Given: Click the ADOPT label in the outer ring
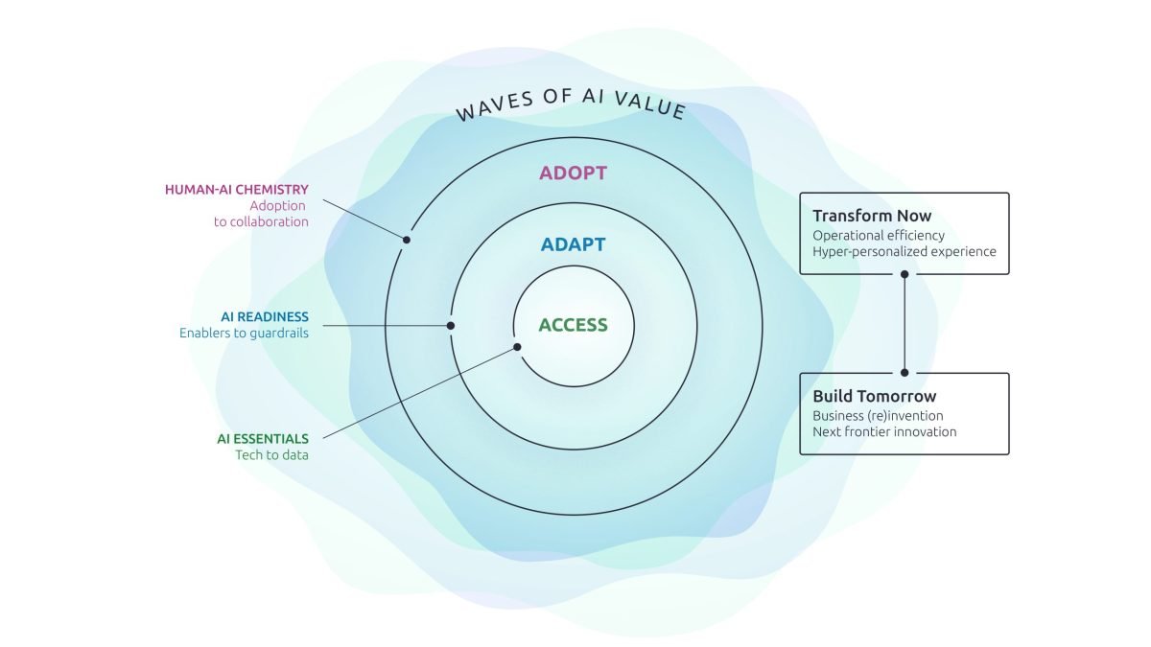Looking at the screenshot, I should pyautogui.click(x=573, y=173).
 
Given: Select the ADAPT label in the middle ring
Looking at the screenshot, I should pyautogui.click(x=573, y=244).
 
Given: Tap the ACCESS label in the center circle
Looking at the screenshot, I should pyautogui.click(x=573, y=325).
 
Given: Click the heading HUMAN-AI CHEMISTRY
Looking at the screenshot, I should pyautogui.click(x=237, y=190).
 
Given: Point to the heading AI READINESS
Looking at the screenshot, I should pyautogui.click(x=265, y=316).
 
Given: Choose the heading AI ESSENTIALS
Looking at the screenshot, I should pyautogui.click(x=263, y=438).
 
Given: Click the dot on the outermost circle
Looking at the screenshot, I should pyautogui.click(x=407, y=240).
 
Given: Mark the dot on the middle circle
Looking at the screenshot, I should pyautogui.click(x=451, y=326).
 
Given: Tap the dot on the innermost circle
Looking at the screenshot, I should pyautogui.click(x=517, y=347).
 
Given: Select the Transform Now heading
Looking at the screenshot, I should pyautogui.click(x=872, y=216).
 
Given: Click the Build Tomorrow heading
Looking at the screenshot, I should pyautogui.click(x=874, y=396).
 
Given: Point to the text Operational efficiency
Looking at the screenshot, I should pyautogui.click(x=878, y=235).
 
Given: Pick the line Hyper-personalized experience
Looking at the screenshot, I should pyautogui.click(x=904, y=252).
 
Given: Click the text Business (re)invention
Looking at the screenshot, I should pyautogui.click(x=878, y=415).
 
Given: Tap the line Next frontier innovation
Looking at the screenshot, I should pyautogui.click(x=883, y=431).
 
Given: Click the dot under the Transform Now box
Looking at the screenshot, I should pyautogui.click(x=904, y=274).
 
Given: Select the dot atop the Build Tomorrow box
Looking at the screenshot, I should pyautogui.click(x=904, y=373).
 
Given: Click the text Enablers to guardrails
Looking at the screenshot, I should pyautogui.click(x=244, y=334).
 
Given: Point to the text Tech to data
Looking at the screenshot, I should pyautogui.click(x=271, y=454).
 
